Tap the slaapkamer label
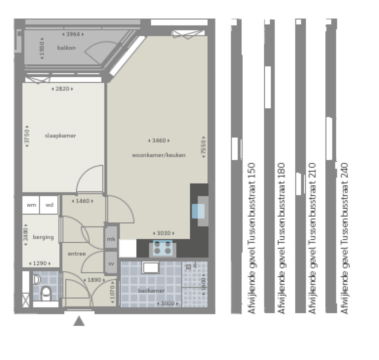click(x=60, y=136)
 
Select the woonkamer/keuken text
click(x=158, y=155)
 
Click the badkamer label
click(x=151, y=291)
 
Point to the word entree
click(x=77, y=254)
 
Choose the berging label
click(x=43, y=237)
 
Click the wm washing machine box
click(x=31, y=205)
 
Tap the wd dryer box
click(x=49, y=205)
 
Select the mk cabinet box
click(x=111, y=240)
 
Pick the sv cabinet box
click(x=111, y=263)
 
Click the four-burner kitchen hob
click(x=162, y=247)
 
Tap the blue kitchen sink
click(x=198, y=211)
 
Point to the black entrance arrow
click(x=79, y=321)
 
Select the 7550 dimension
click(x=202, y=147)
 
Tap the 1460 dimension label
click(x=82, y=201)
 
